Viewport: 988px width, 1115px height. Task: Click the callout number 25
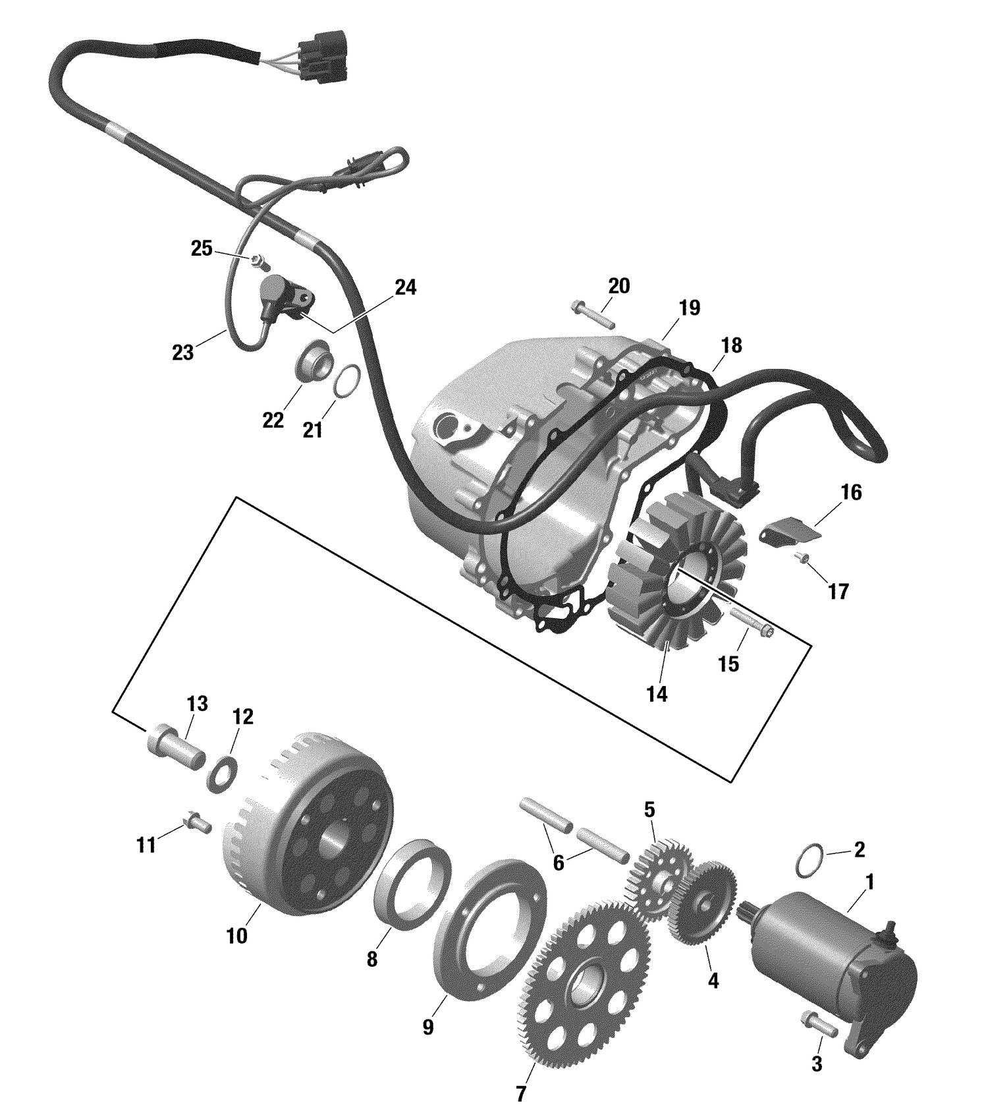[x=202, y=248]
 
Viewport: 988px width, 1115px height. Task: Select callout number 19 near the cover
[x=689, y=308]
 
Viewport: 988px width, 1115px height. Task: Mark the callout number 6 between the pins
[x=559, y=863]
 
